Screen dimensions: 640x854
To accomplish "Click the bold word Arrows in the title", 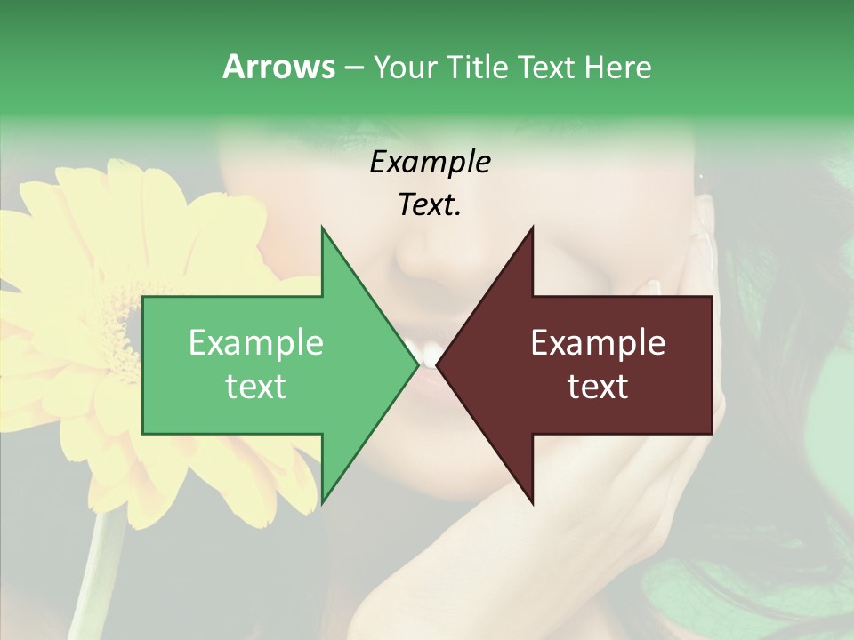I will pos(278,67).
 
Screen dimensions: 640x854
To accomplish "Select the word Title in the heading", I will pos(477,67).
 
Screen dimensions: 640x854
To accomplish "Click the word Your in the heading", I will pos(404,68).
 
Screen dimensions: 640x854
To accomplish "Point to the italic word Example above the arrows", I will pos(430,163).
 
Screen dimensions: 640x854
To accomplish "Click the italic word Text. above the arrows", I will pos(430,205).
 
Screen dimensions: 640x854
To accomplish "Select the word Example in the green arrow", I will pos(256,343).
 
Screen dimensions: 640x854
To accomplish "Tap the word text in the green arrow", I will pos(256,387).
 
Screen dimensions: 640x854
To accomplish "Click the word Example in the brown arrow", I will pos(598,343).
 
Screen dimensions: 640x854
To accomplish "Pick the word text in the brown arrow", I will pos(598,387).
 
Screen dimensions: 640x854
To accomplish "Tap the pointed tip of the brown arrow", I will pos(438,364).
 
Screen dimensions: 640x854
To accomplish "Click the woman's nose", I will pos(425,253).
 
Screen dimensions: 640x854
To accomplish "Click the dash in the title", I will pos(353,68).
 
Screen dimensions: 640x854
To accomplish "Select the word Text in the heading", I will pos(548,67).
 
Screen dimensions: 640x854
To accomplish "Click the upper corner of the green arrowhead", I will pos(322,228).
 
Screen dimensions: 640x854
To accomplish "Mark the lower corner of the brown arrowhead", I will pos(532,503).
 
